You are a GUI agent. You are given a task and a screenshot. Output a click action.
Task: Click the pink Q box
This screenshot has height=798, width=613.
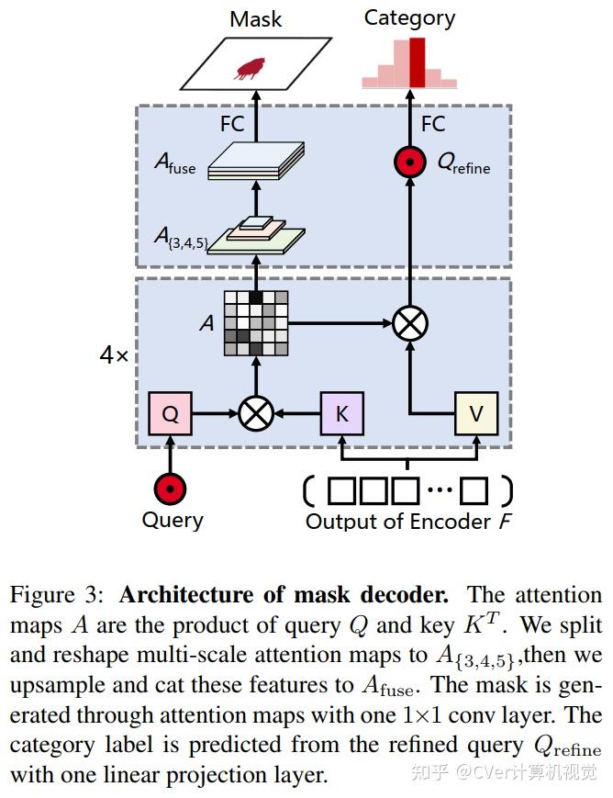[170, 413]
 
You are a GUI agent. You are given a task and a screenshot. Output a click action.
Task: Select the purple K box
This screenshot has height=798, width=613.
[342, 413]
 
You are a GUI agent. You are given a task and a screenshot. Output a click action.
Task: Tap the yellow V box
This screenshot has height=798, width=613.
[476, 413]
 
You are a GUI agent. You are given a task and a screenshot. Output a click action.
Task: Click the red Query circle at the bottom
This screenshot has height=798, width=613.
[170, 489]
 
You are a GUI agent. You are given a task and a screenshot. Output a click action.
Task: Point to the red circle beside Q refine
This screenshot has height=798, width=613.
[410, 162]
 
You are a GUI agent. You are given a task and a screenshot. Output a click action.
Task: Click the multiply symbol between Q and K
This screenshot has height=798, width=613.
[256, 413]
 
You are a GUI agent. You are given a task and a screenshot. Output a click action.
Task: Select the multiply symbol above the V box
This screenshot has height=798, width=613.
[410, 323]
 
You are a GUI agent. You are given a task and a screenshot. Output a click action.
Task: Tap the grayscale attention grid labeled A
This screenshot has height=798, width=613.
[256, 323]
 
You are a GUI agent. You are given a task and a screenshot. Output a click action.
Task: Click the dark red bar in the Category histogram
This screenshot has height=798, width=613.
[418, 62]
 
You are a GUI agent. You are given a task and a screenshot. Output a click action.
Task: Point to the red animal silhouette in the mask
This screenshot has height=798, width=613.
[250, 69]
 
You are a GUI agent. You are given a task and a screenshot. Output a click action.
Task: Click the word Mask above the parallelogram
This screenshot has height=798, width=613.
[255, 19]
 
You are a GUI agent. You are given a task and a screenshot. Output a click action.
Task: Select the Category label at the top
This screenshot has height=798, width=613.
[409, 19]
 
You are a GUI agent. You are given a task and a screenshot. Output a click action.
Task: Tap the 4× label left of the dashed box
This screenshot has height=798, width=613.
[115, 354]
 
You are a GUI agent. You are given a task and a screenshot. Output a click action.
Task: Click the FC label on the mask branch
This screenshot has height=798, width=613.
[232, 124]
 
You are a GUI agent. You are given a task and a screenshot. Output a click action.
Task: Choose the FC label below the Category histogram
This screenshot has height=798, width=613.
[433, 124]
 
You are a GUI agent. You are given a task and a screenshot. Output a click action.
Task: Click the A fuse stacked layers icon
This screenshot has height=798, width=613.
[256, 161]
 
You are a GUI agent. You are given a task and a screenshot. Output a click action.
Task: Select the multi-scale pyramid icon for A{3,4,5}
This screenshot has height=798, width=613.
[256, 235]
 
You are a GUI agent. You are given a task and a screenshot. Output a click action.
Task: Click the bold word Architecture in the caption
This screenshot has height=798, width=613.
[186, 595]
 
